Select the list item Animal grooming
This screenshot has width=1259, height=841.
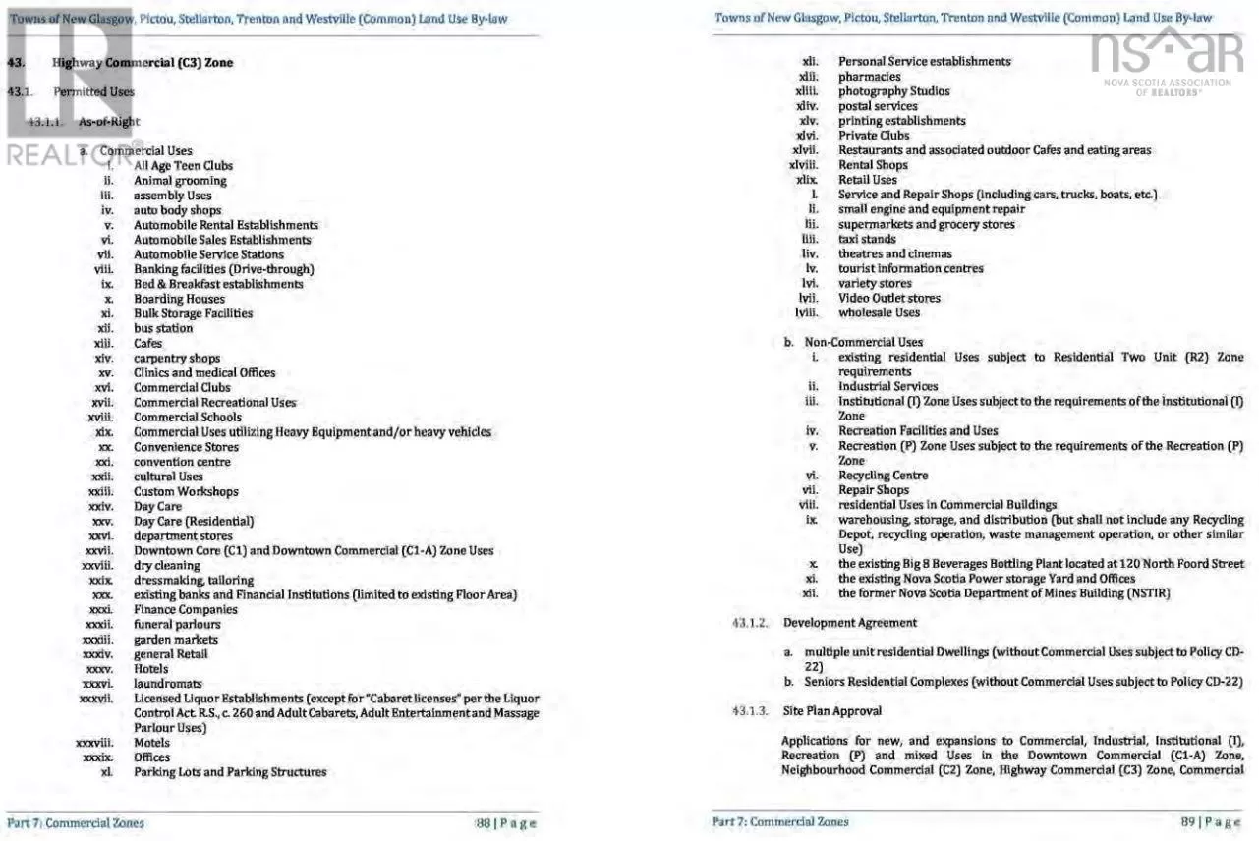180,181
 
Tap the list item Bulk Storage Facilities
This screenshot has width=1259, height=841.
193,313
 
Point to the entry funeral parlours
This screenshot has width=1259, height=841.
177,624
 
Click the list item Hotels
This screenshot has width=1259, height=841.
151,669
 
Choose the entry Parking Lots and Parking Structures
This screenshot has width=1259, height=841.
230,772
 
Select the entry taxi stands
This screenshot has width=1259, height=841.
867,239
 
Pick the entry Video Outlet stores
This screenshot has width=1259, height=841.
888,298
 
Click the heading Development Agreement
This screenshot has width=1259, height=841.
849,623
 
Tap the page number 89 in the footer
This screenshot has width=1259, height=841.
1188,821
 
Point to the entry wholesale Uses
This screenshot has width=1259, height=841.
879,312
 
